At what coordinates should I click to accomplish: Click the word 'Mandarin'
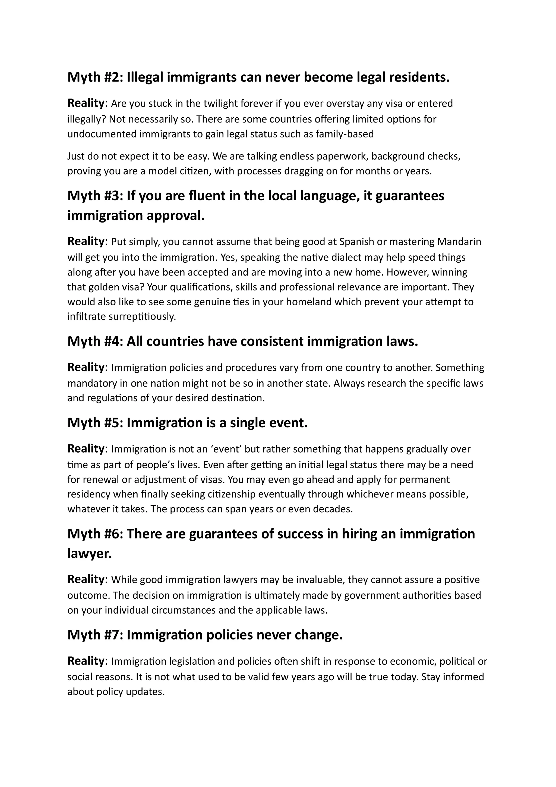[x=459, y=242]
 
